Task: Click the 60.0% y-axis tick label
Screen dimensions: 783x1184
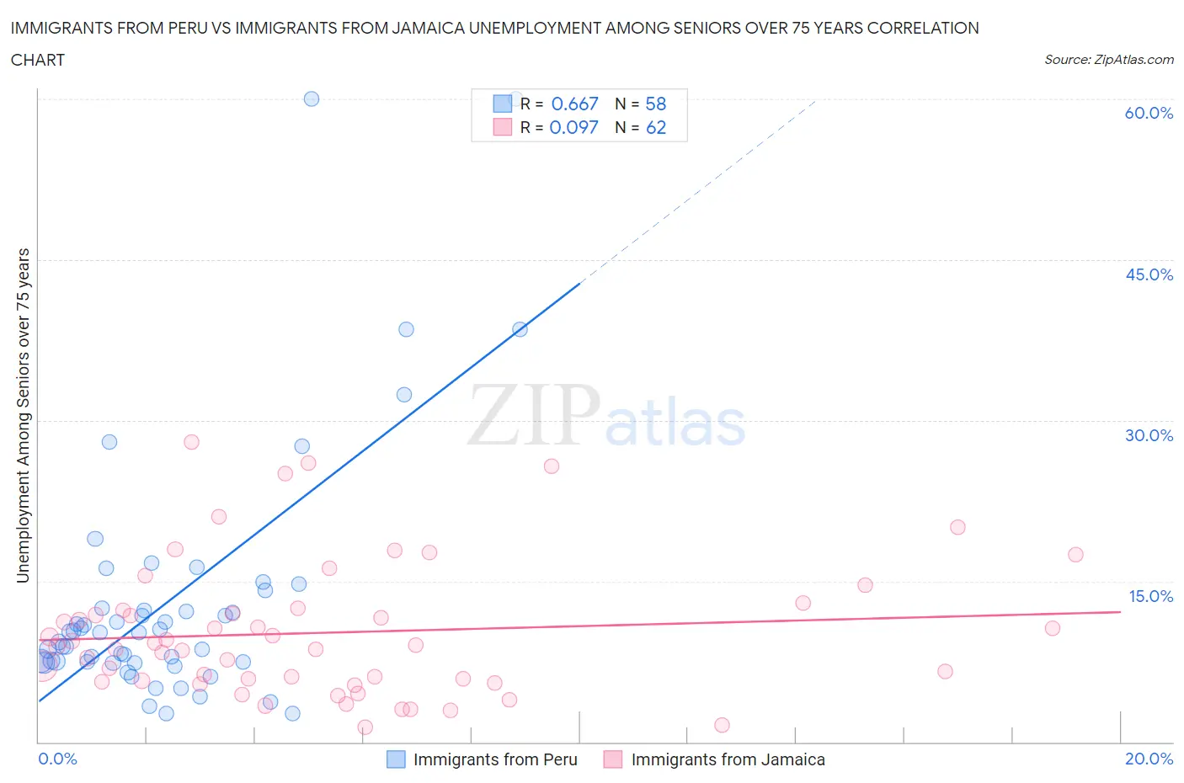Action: click(x=1149, y=113)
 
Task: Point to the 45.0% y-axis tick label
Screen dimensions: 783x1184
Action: click(x=1149, y=274)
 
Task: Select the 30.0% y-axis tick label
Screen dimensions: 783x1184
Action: click(x=1149, y=435)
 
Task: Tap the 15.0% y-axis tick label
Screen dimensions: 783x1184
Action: click(x=1150, y=596)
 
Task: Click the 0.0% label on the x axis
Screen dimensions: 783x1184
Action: click(x=57, y=759)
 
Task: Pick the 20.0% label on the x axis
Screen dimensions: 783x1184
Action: click(x=1149, y=759)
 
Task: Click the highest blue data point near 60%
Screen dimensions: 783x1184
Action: click(x=312, y=99)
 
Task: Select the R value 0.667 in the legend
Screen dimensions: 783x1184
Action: click(x=574, y=104)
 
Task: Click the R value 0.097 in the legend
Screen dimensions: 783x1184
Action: click(x=573, y=127)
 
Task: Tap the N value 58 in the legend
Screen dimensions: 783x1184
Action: click(x=655, y=104)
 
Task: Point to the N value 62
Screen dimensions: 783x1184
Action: click(x=655, y=127)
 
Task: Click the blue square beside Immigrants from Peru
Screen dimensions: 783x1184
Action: click(x=396, y=759)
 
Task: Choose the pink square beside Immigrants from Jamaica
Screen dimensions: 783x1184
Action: click(x=613, y=759)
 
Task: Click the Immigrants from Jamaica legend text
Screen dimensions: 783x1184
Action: click(x=728, y=759)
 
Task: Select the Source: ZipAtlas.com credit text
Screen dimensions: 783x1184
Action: click(x=1108, y=59)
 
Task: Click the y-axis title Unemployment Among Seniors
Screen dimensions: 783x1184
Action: click(x=23, y=415)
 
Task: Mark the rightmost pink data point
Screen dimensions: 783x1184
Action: click(x=1075, y=554)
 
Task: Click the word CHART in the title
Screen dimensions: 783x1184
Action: click(x=38, y=60)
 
